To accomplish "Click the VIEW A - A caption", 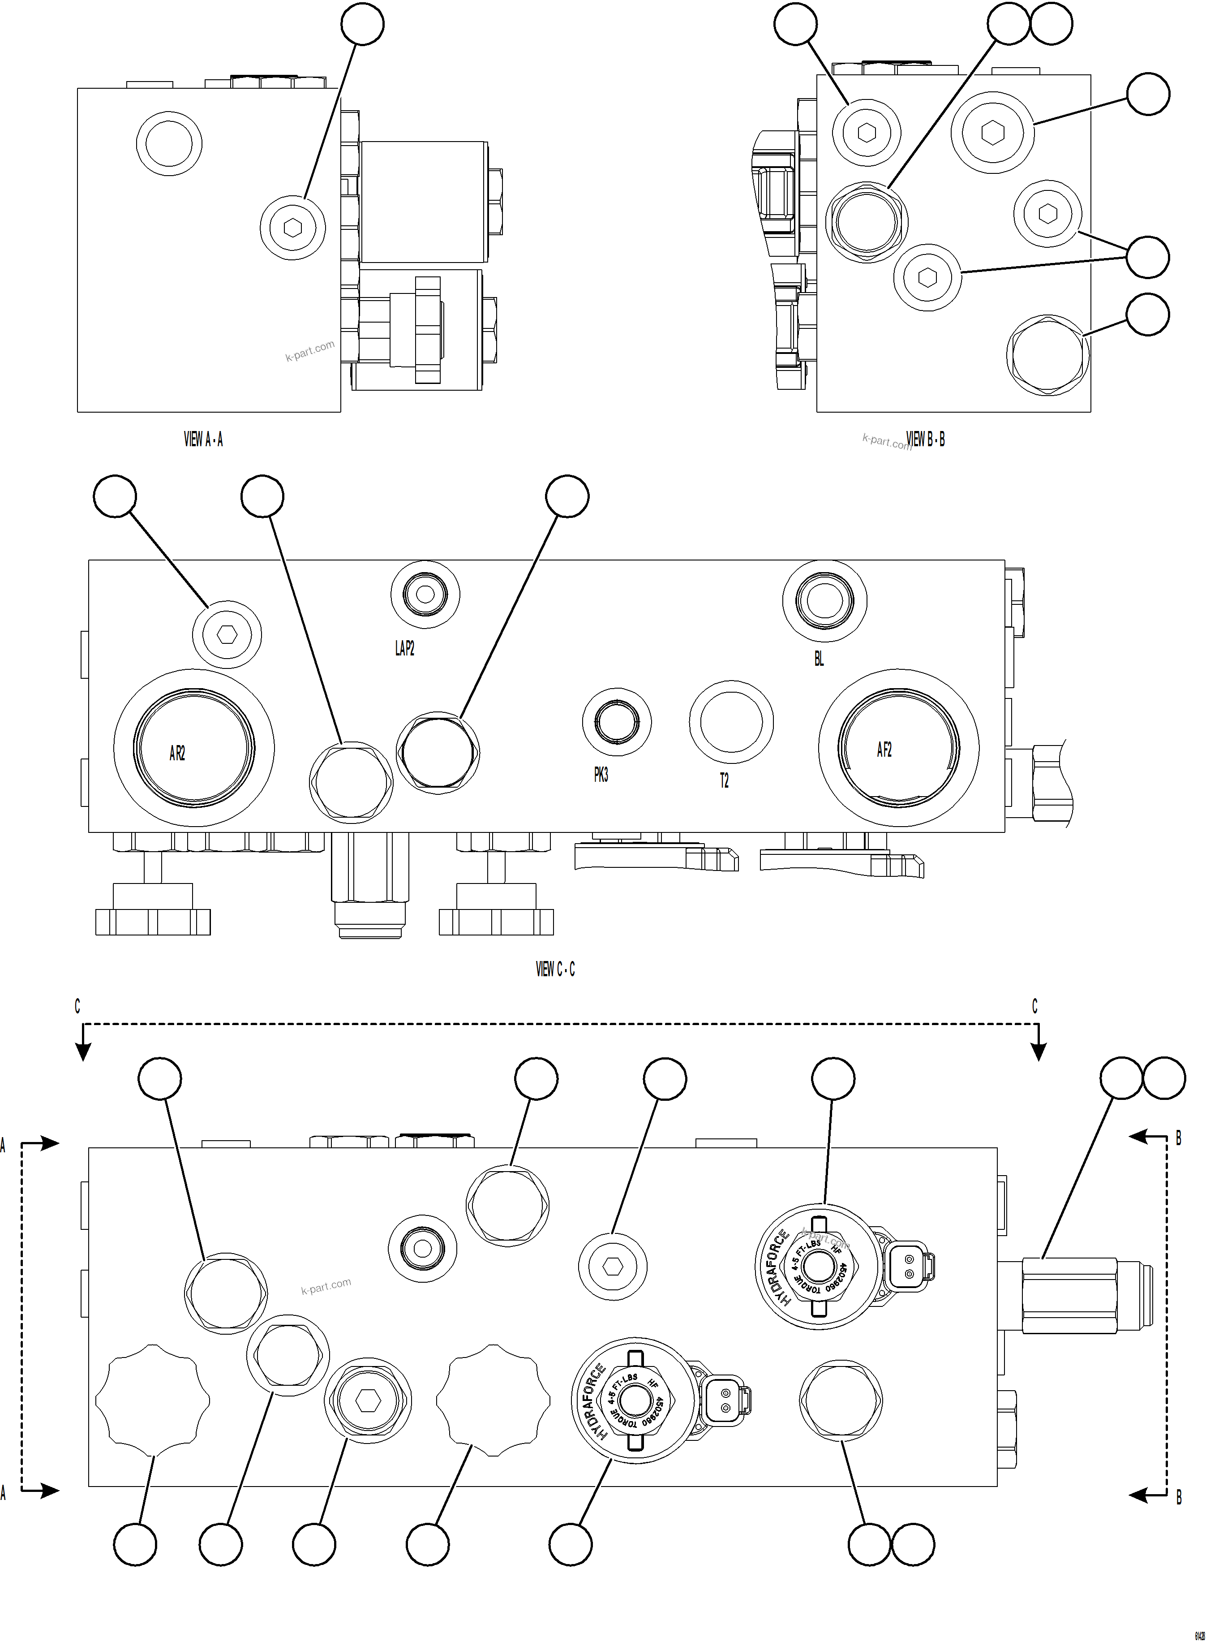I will click(203, 439).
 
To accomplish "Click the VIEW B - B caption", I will click(925, 439).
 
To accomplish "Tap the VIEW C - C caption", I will click(555, 969).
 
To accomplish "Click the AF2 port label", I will click(884, 750).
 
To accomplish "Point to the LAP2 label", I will click(404, 648).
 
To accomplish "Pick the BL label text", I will click(819, 658).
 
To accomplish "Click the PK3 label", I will click(601, 776).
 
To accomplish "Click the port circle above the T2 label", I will click(731, 722).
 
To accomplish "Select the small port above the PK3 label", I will click(617, 722).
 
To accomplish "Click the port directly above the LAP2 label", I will click(425, 594).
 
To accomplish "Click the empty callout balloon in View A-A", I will click(363, 24).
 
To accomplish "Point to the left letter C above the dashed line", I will click(77, 1007).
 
